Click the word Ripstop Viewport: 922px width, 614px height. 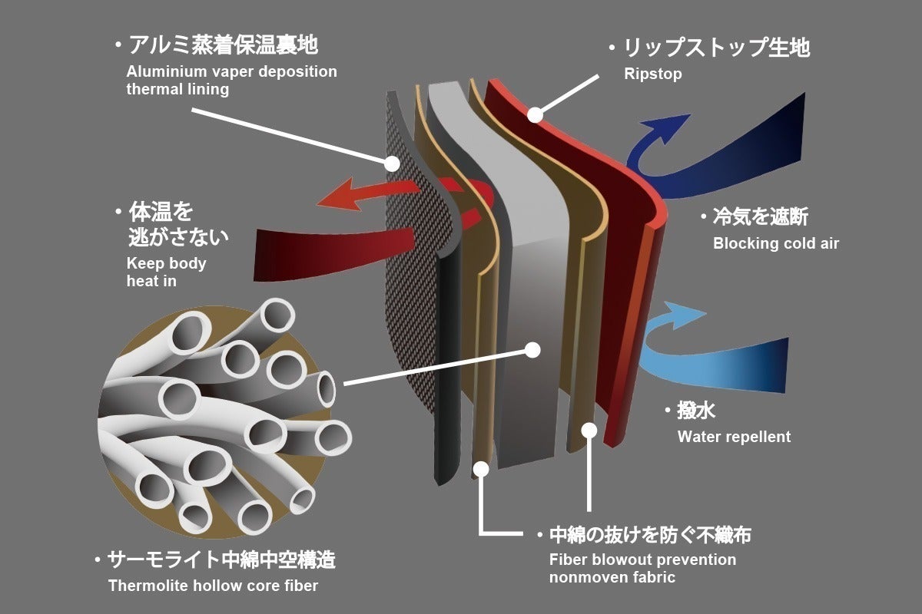653,74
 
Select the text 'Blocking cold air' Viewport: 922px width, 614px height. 776,244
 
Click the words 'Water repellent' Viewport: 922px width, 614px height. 734,437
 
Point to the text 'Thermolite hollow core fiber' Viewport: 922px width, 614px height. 213,586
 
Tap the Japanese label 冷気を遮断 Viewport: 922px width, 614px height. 760,218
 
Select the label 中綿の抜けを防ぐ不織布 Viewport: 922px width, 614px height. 650,535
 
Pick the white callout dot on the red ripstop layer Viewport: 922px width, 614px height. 535,116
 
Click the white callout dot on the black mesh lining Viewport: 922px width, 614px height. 392,163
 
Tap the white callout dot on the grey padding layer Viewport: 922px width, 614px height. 531,350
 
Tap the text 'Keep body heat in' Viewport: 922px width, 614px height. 166,272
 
